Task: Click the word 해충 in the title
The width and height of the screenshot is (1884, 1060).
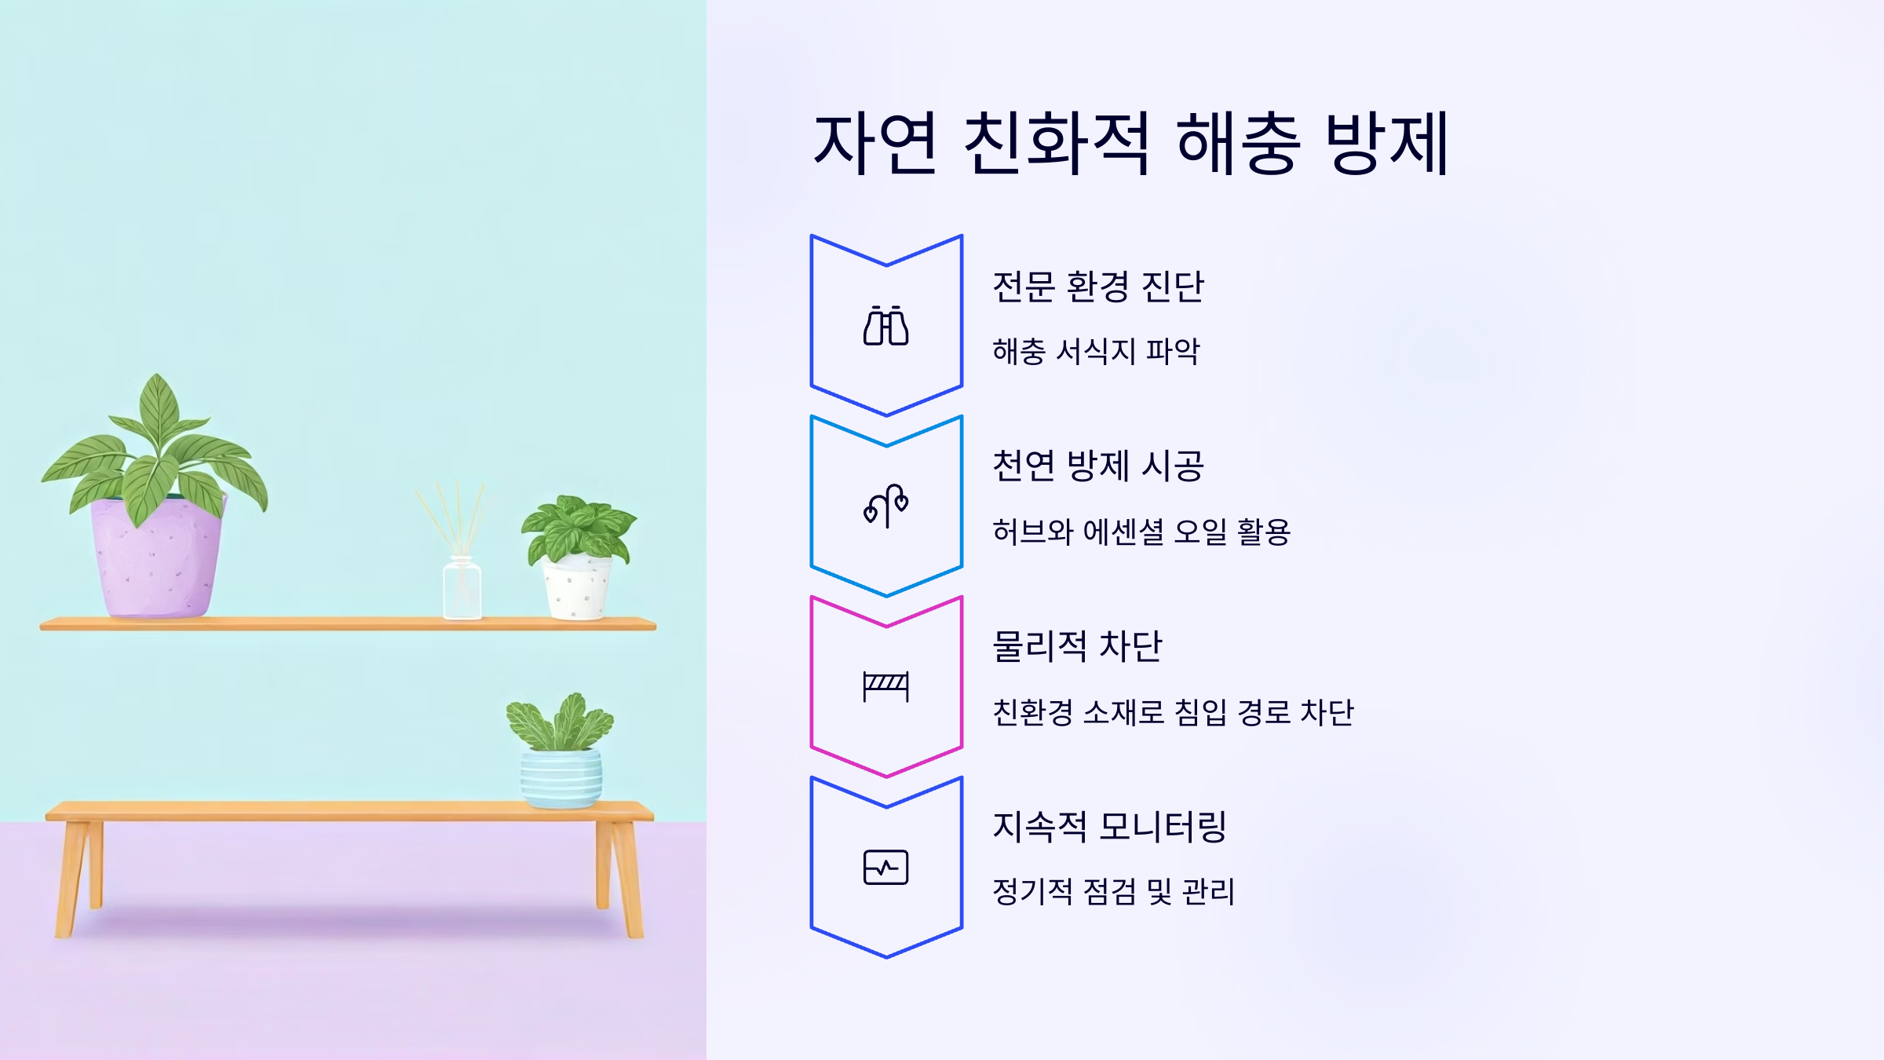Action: click(x=1238, y=143)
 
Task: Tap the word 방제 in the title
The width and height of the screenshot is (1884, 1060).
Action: click(x=1386, y=143)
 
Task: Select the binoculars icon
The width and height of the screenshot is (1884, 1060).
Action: click(x=886, y=325)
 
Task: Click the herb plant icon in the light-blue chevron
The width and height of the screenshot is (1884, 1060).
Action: click(x=886, y=506)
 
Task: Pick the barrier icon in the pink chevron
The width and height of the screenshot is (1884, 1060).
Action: click(x=886, y=686)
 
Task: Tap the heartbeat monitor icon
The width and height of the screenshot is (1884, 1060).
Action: click(x=886, y=867)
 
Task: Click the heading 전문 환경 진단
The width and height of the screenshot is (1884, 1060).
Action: click(x=1097, y=287)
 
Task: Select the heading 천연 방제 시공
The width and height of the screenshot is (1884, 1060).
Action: click(x=1097, y=466)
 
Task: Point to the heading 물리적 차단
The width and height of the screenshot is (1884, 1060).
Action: click(x=1076, y=646)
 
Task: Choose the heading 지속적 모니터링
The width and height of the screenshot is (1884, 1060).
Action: click(x=1109, y=827)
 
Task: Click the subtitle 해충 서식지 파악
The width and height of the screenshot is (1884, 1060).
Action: click(x=1096, y=351)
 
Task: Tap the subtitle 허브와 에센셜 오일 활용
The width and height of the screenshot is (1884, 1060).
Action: click(x=1141, y=532)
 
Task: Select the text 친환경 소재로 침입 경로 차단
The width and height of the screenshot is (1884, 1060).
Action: click(x=1173, y=712)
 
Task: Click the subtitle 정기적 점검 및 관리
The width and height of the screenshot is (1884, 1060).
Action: click(x=1113, y=892)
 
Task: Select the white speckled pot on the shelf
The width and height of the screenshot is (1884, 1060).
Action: click(x=577, y=589)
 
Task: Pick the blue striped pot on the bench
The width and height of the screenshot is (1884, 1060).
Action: click(x=561, y=778)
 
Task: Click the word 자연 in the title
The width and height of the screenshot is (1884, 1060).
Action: click(x=874, y=143)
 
